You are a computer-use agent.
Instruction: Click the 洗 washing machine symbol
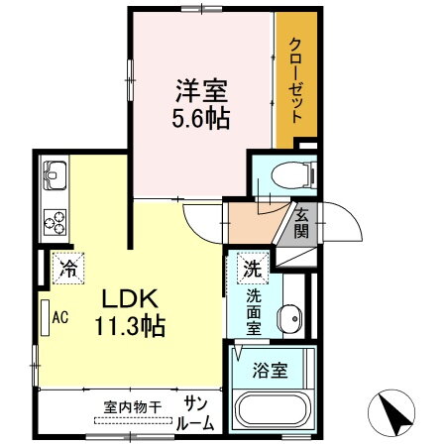point(252,268)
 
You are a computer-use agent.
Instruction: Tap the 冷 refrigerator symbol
point(67,267)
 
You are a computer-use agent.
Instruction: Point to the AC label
point(59,318)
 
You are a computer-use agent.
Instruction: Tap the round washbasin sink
point(289,318)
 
